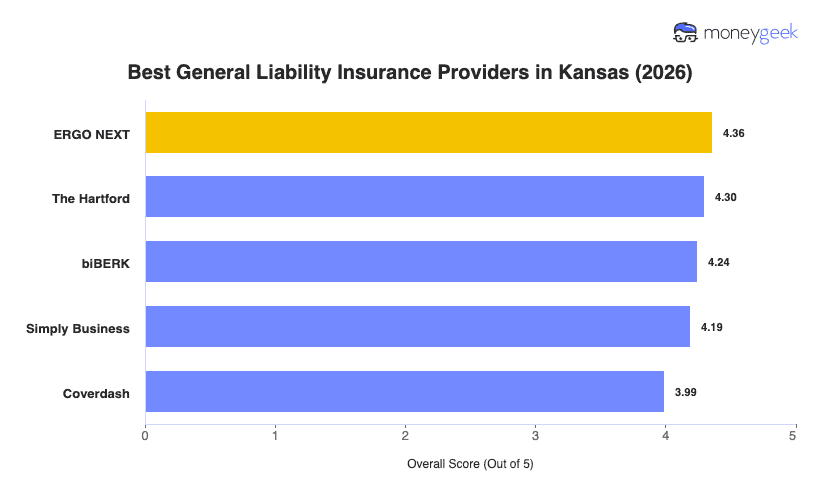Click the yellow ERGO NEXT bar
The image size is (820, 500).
[428, 132]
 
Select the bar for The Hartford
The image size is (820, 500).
[424, 197]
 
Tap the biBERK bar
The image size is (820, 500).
[421, 262]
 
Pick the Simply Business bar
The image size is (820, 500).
[417, 327]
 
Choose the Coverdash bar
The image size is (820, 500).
[404, 392]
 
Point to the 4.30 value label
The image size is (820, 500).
[725, 198]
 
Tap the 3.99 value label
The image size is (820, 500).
[685, 393]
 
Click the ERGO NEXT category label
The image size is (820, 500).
[92, 133]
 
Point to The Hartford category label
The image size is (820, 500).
[91, 198]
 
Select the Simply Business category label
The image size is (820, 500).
[78, 328]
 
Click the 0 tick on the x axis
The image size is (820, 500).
[146, 436]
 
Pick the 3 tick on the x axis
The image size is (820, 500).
[535, 436]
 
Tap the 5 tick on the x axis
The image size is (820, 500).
[794, 436]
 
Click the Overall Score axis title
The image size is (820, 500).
[470, 465]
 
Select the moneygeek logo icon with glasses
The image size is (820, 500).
[686, 33]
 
